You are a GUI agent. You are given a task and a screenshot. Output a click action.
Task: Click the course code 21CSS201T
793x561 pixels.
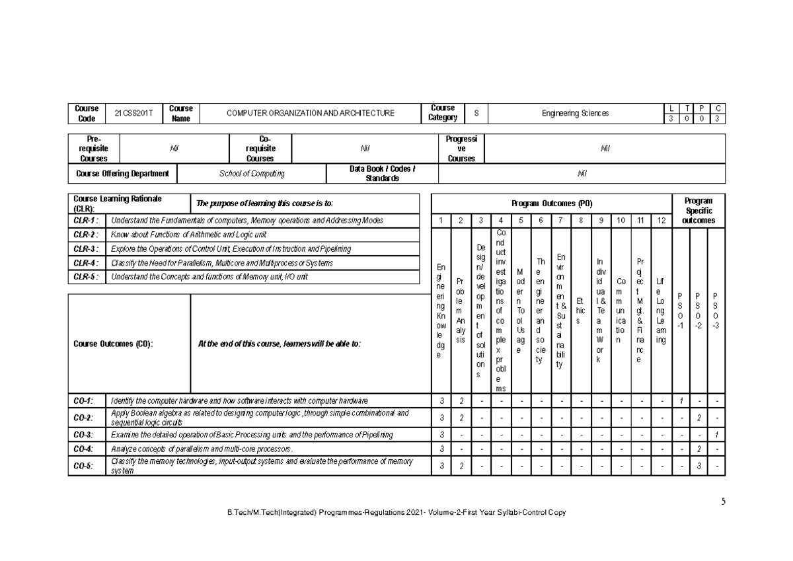pos(133,114)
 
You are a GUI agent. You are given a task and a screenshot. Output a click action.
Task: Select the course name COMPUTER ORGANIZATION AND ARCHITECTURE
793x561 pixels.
pos(310,114)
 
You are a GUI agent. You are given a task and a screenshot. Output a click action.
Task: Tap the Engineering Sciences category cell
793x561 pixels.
pos(575,114)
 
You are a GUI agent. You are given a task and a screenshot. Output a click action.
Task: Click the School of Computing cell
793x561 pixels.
pos(252,174)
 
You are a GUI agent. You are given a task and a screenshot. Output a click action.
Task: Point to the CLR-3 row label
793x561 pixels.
pos(85,249)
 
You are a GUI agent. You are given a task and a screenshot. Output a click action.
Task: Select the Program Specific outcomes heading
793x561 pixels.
pos(698,210)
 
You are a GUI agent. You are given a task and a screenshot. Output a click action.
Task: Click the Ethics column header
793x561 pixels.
pos(580,310)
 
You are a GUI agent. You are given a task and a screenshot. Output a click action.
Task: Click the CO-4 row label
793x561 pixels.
pos(83,449)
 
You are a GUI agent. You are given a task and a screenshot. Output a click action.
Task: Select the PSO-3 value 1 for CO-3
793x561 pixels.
pos(716,434)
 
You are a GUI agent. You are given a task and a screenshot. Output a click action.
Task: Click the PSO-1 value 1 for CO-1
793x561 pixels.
pos(680,400)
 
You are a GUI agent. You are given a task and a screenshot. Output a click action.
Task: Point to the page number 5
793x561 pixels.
pos(724,502)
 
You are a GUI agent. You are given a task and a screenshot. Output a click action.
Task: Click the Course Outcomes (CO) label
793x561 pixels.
pos(113,344)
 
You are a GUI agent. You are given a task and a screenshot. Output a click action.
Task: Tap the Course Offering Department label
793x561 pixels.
pos(123,174)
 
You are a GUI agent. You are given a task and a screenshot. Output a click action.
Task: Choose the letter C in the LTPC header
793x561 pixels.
pos(718,108)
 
